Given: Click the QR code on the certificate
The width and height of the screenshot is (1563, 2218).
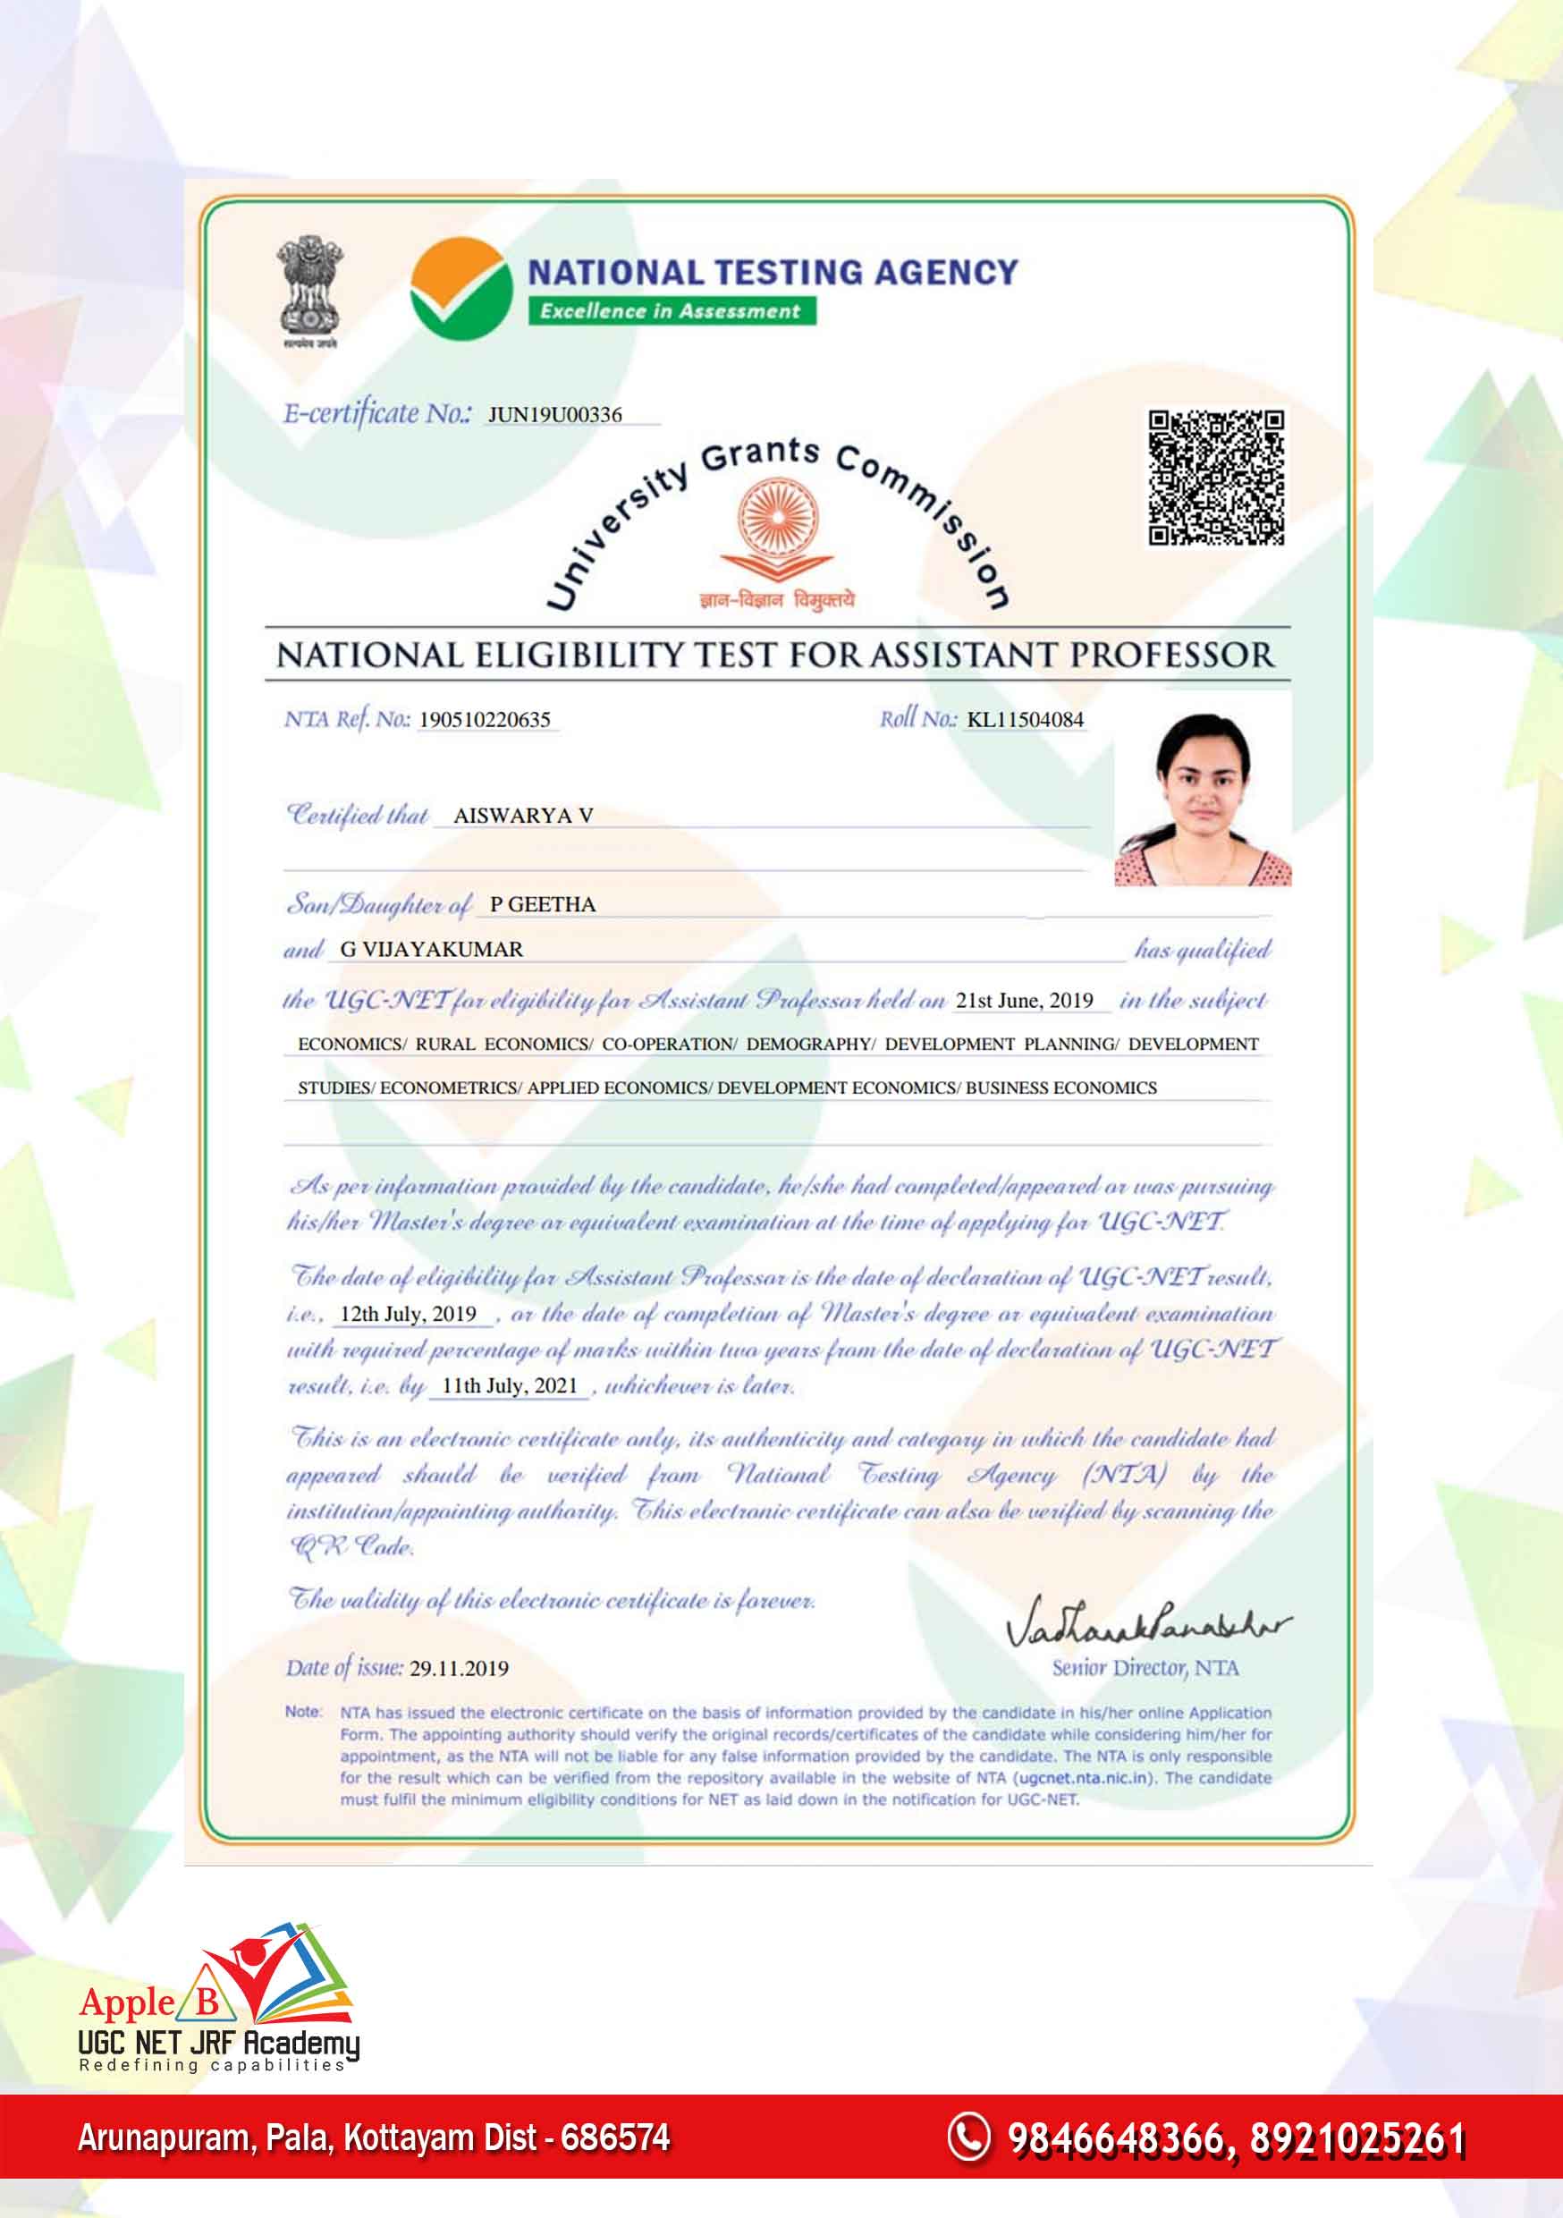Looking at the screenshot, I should click(1215, 478).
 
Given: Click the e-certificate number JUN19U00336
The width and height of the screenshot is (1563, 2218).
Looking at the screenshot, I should click(554, 414).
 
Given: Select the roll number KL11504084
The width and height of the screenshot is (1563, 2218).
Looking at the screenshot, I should click(1025, 720).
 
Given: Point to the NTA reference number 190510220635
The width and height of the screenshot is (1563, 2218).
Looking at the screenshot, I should click(484, 720).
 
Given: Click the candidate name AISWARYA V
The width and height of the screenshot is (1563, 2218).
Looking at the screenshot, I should click(522, 816).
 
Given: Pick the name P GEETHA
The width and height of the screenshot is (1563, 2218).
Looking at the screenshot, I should click(542, 904).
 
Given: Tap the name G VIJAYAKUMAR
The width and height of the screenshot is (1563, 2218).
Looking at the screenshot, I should click(431, 949).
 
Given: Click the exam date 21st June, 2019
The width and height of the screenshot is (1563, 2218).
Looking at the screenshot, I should click(1024, 1000).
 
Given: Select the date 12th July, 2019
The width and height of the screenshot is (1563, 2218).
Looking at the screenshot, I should click(408, 1314).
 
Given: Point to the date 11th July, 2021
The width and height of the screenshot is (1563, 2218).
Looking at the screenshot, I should click(509, 1385).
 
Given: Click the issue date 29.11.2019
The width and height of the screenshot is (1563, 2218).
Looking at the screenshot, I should click(459, 1668).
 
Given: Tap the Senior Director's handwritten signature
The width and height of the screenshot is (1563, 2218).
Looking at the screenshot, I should click(1145, 1624).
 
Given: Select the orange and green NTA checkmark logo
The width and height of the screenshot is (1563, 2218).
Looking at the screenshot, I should click(460, 289).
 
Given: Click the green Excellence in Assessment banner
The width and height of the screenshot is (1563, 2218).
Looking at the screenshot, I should click(671, 311).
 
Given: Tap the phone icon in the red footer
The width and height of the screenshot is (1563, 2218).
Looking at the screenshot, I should click(968, 2136).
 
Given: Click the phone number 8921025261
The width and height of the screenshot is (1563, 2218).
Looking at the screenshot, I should click(1357, 2138).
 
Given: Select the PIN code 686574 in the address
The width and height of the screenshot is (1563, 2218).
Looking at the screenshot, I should click(615, 2137).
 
